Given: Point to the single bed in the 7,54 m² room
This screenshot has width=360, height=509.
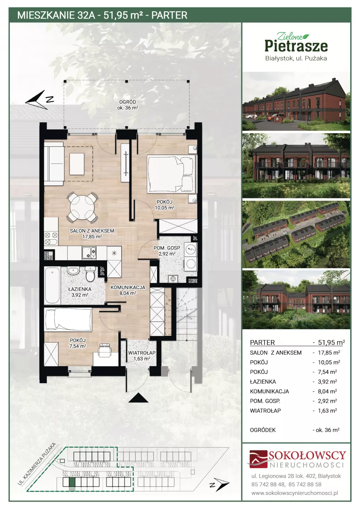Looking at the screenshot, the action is coord(68,318).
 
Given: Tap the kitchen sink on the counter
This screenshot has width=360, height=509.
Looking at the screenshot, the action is coord(89,253).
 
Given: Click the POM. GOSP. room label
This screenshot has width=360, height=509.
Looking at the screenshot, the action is coord(167,248).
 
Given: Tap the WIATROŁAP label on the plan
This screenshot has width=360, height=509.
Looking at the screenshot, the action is coord(142,353).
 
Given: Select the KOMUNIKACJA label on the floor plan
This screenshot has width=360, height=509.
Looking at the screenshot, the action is coord(128,287).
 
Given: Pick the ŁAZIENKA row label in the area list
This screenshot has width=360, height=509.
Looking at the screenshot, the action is coord(263,382).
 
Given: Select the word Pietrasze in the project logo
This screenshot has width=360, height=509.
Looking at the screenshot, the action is coord(296,46).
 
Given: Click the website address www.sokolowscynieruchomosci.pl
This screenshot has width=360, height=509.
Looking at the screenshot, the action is coord(295,493).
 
